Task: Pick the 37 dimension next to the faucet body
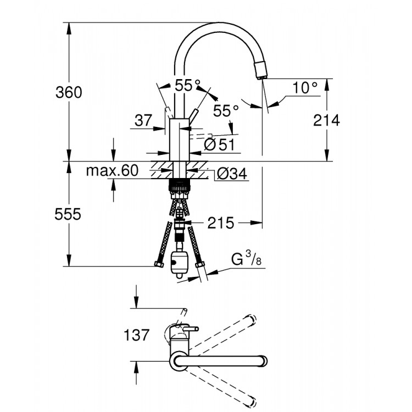click(x=142, y=121)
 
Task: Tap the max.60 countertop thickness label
click(x=112, y=171)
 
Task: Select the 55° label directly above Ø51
click(x=226, y=111)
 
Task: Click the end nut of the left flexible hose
click(x=158, y=266)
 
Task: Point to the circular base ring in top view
click(x=179, y=362)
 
